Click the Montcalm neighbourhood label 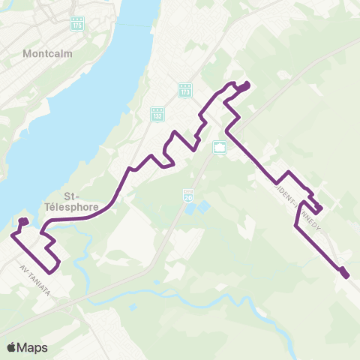tap(46, 54)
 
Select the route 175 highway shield tap(77, 25)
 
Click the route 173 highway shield tap(185, 90)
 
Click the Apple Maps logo tap(27, 346)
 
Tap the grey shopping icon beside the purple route tap(219, 148)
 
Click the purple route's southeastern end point tap(345, 275)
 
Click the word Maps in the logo tap(33, 346)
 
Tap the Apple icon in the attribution tap(12, 346)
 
